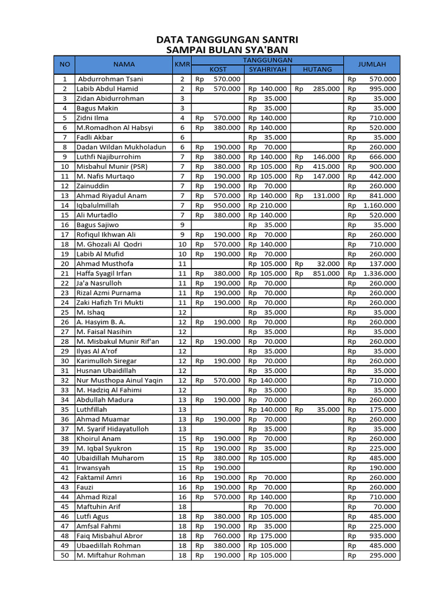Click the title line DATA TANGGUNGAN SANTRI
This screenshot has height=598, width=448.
click(x=227, y=40)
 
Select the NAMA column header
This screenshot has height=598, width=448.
click(x=124, y=64)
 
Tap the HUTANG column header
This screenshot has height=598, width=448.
click(x=317, y=69)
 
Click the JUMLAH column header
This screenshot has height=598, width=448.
click(x=372, y=64)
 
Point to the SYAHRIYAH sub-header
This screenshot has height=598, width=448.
click(x=268, y=69)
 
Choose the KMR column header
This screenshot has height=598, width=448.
click(x=181, y=64)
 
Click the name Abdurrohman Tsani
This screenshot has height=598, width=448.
click(x=110, y=79)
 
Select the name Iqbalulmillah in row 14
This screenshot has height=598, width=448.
click(x=97, y=206)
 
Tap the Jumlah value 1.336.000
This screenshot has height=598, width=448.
click(x=380, y=273)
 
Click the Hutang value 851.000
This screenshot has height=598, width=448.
click(x=326, y=273)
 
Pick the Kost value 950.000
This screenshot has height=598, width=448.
click(x=226, y=206)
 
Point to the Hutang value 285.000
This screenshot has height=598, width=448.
click(x=326, y=89)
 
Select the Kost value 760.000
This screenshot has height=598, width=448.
click(x=226, y=536)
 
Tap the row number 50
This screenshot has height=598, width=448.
click(x=65, y=555)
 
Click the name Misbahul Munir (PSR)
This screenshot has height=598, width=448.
click(x=112, y=166)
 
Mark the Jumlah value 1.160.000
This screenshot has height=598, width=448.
click(x=380, y=206)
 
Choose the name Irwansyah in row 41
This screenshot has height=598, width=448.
click(x=93, y=468)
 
